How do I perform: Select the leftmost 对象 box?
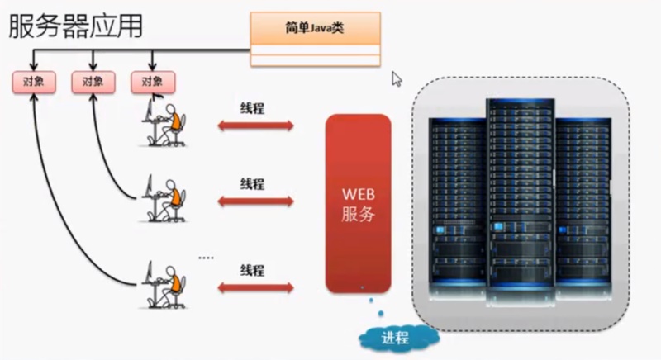tap(34, 82)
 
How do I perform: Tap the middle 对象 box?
tap(93, 82)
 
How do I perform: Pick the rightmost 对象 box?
tap(153, 82)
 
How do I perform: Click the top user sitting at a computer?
tap(165, 121)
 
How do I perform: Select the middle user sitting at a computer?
tap(165, 197)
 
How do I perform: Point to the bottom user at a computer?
tap(165, 284)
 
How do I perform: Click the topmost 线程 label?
tap(252, 108)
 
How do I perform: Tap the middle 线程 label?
tap(252, 183)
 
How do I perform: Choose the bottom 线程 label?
tap(252, 270)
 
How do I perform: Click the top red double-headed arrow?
tap(255, 126)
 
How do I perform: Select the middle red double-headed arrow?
tap(255, 201)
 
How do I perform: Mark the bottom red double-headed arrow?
tap(255, 287)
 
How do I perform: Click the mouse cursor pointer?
tap(397, 78)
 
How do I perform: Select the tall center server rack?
tap(520, 194)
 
